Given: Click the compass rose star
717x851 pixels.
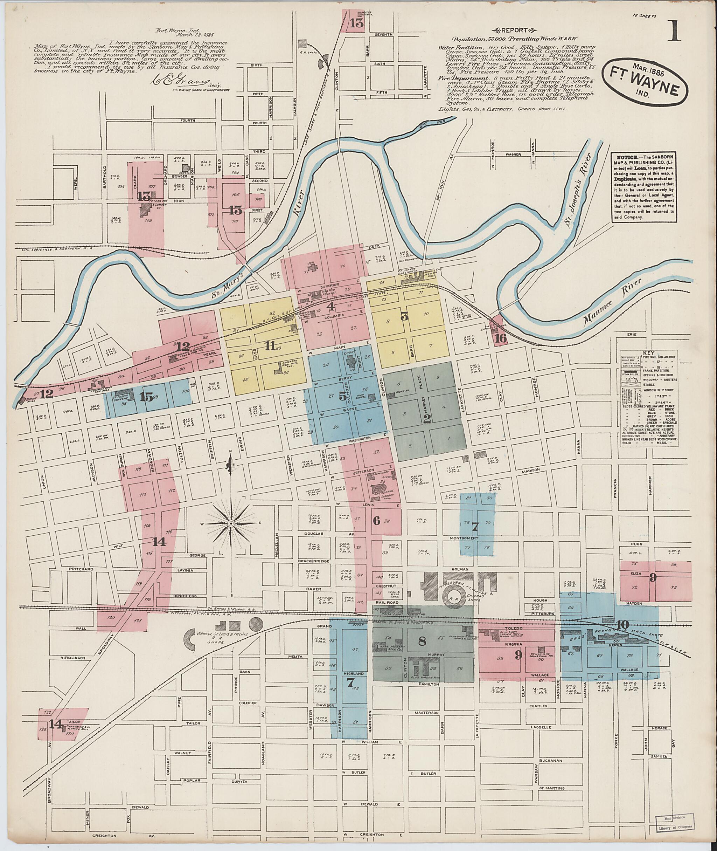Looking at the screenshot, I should click(x=230, y=522).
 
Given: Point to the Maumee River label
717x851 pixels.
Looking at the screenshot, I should click(x=611, y=303).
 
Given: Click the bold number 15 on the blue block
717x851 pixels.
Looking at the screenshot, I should click(x=146, y=397).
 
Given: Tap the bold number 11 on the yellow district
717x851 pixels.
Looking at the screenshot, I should click(x=269, y=346).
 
